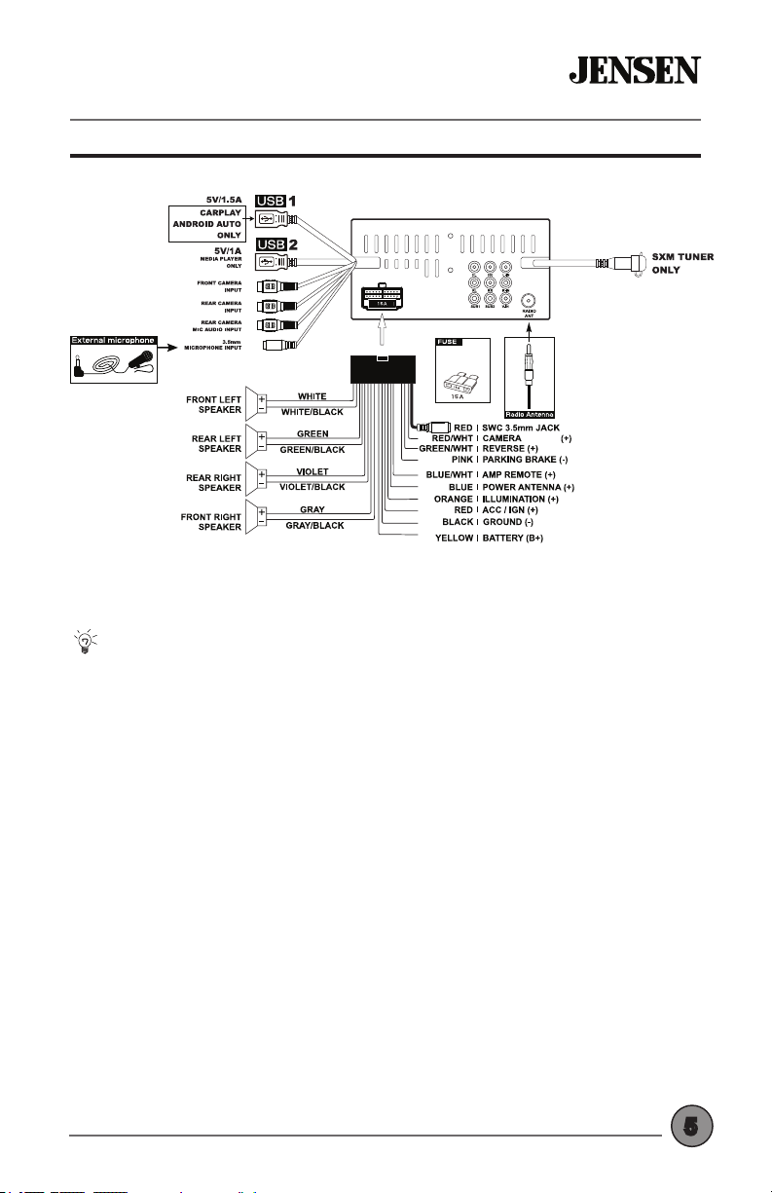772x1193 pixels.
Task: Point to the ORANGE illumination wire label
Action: click(453, 499)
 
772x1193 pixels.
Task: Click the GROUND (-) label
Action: click(515, 523)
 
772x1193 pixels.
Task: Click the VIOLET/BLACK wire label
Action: click(312, 487)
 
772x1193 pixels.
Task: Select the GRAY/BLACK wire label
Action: click(312, 525)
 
